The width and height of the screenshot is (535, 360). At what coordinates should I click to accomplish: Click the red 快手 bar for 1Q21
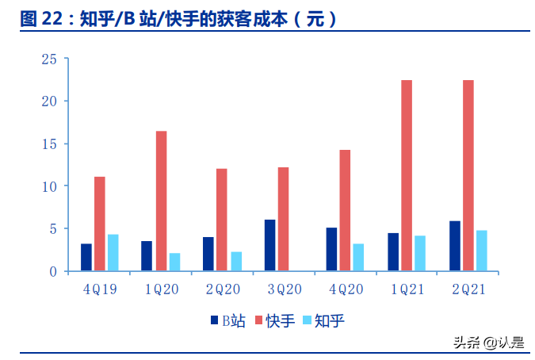tap(407, 175)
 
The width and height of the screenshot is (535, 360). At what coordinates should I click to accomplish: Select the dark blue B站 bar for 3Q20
tap(270, 245)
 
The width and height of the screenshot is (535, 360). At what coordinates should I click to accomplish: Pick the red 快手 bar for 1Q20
tap(161, 201)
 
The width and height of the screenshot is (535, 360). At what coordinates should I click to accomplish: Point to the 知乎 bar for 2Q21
tap(481, 251)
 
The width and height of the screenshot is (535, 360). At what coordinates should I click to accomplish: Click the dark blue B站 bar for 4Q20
tap(331, 249)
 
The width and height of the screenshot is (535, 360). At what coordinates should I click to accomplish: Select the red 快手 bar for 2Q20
tap(222, 220)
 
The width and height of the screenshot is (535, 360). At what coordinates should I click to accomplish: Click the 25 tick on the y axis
tap(48, 59)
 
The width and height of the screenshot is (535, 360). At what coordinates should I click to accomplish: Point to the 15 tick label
tap(48, 144)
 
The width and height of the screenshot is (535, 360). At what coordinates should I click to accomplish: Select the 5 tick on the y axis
tap(52, 228)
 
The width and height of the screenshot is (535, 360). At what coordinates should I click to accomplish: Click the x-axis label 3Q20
tap(283, 289)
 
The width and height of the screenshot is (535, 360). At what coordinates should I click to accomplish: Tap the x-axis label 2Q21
tap(467, 289)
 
